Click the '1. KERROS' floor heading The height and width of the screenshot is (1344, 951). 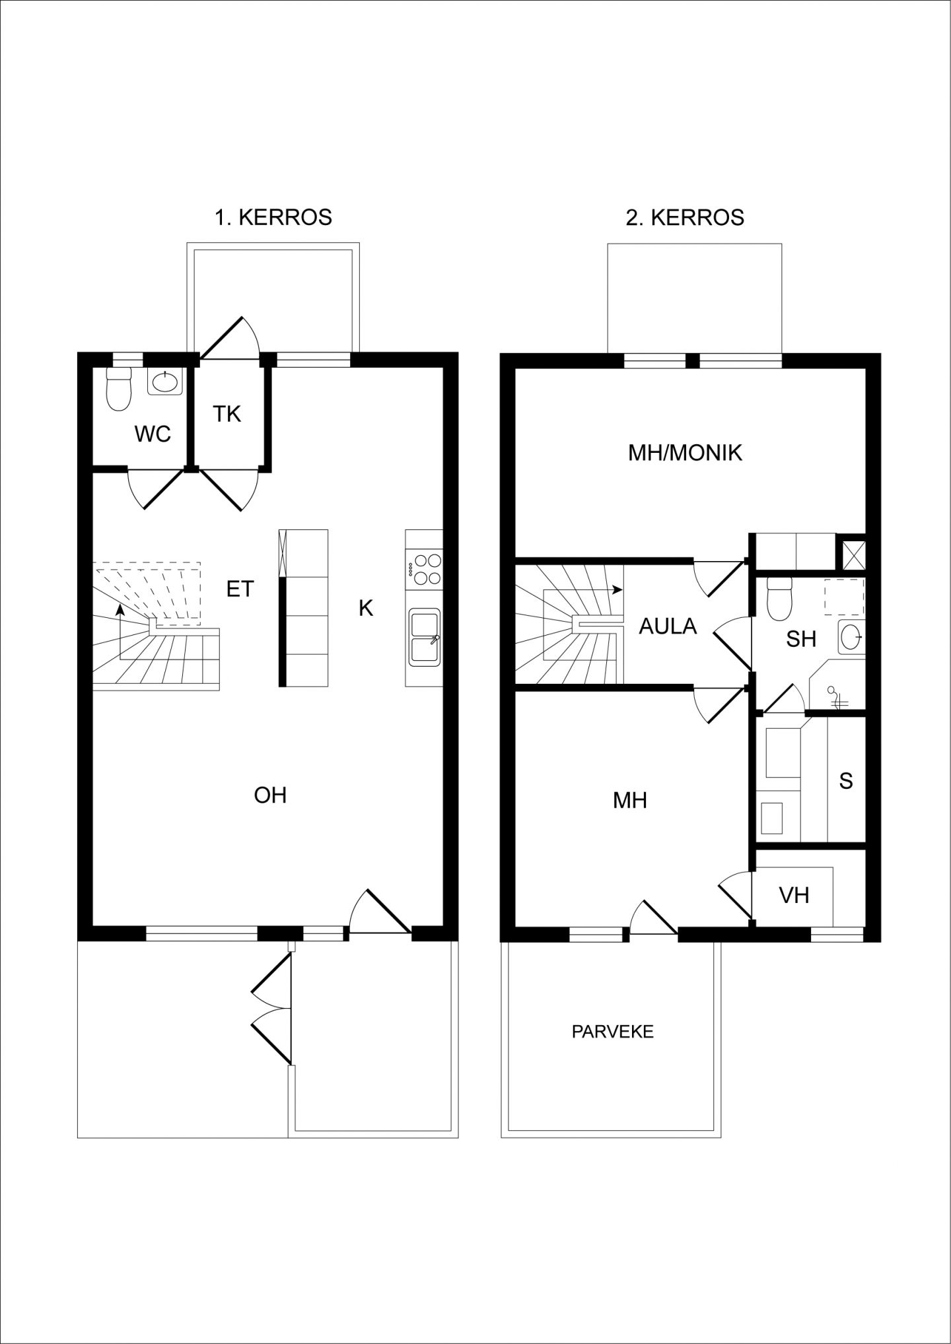(x=273, y=217)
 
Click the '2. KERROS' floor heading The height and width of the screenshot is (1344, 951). (x=685, y=217)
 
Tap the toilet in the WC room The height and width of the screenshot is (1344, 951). (x=120, y=389)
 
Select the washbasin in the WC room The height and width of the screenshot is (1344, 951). (x=164, y=382)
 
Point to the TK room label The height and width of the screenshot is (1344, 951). (x=227, y=414)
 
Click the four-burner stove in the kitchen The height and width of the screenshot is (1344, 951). (x=425, y=568)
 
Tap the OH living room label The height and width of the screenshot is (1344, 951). (x=270, y=795)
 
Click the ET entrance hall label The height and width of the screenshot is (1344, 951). (x=240, y=589)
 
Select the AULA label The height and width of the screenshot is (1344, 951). (x=668, y=626)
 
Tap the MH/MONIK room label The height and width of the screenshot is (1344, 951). (x=685, y=452)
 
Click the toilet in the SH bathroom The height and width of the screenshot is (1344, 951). (x=780, y=598)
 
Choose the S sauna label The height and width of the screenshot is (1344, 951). (x=846, y=781)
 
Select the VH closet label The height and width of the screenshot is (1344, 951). (x=794, y=895)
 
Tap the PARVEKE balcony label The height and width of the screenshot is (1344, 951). (x=612, y=1031)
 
